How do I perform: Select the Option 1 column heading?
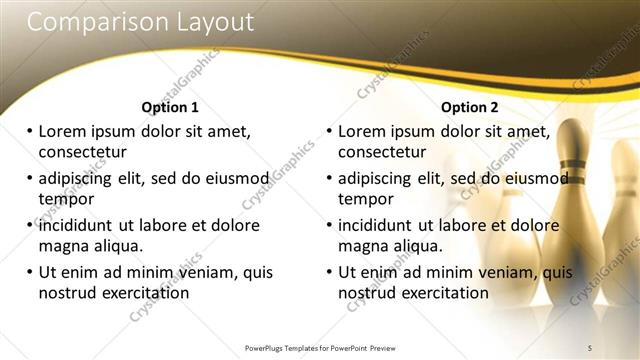tap(170, 107)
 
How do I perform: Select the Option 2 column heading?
tap(469, 107)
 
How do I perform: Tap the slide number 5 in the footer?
tap(590, 347)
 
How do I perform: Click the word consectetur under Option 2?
tap(382, 152)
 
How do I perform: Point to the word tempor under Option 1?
tap(64, 199)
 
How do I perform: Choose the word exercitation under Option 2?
tap(440, 293)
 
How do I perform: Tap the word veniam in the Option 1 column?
tap(207, 272)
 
